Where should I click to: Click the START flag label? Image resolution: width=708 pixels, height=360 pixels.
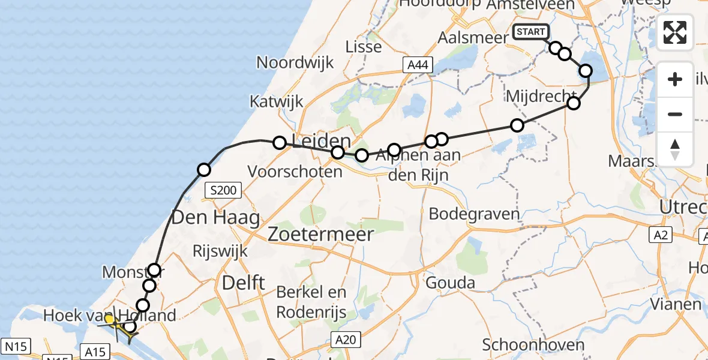point(530,32)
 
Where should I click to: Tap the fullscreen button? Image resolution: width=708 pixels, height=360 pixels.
point(675,32)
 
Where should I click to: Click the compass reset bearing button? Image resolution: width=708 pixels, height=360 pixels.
point(675,148)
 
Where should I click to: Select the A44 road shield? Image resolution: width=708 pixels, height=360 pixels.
point(418,65)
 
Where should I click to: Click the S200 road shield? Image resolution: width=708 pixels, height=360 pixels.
point(223,191)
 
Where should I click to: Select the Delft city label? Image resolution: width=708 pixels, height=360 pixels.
point(243,283)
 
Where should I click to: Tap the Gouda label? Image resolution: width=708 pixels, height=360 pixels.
point(450,283)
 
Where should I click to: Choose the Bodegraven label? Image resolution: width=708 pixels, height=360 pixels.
point(474,214)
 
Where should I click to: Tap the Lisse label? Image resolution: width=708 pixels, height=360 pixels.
point(364,46)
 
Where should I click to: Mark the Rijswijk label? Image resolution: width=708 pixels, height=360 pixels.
point(221,251)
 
